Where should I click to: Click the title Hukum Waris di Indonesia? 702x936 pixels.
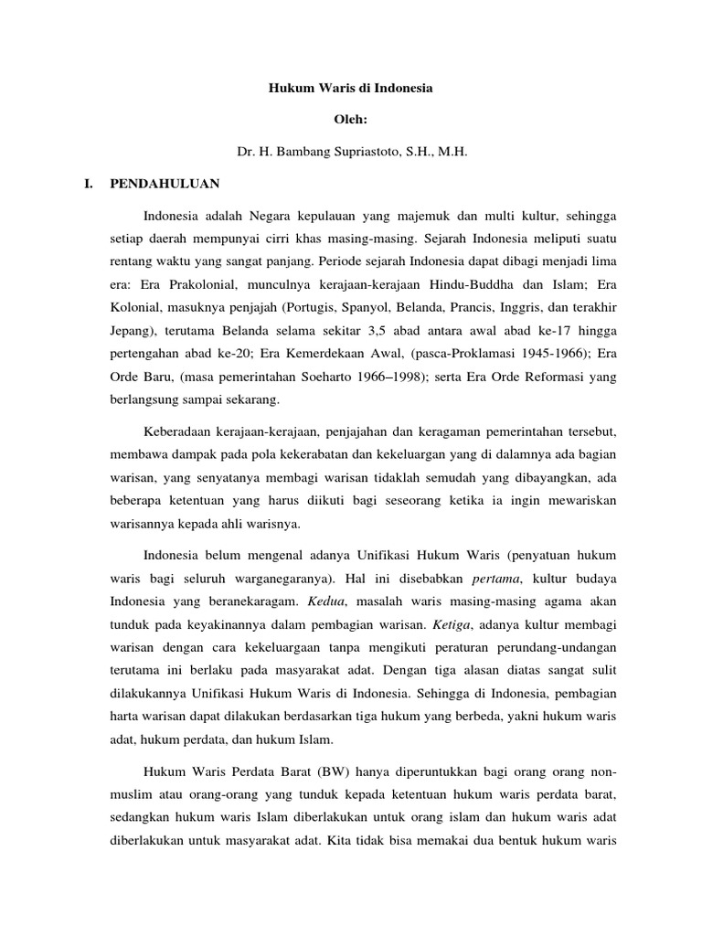click(x=350, y=90)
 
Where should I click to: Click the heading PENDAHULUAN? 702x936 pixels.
click(x=165, y=184)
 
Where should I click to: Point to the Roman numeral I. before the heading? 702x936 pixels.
click(x=88, y=184)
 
